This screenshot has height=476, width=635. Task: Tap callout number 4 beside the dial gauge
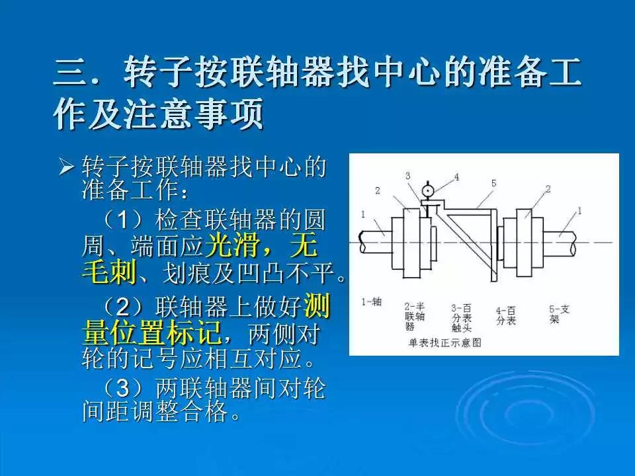click(x=456, y=177)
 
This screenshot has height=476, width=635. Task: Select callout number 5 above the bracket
click(x=493, y=182)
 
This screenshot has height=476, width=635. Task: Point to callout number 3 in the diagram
click(x=408, y=176)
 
